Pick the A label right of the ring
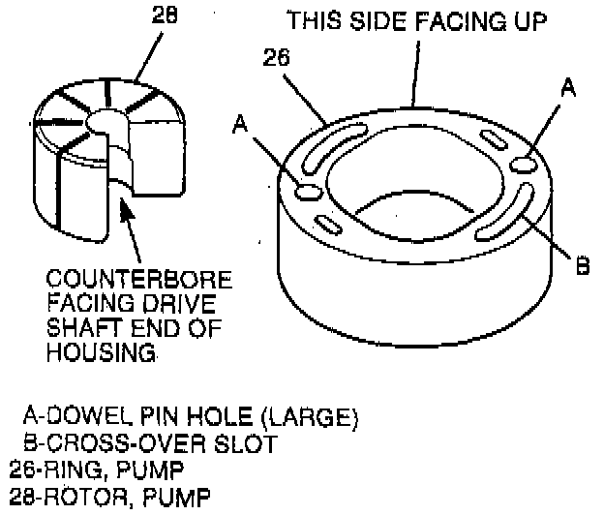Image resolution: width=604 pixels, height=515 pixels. coord(569,88)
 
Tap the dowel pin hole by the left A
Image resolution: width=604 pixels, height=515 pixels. coord(309,189)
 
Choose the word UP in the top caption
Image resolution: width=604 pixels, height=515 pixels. coord(528,20)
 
